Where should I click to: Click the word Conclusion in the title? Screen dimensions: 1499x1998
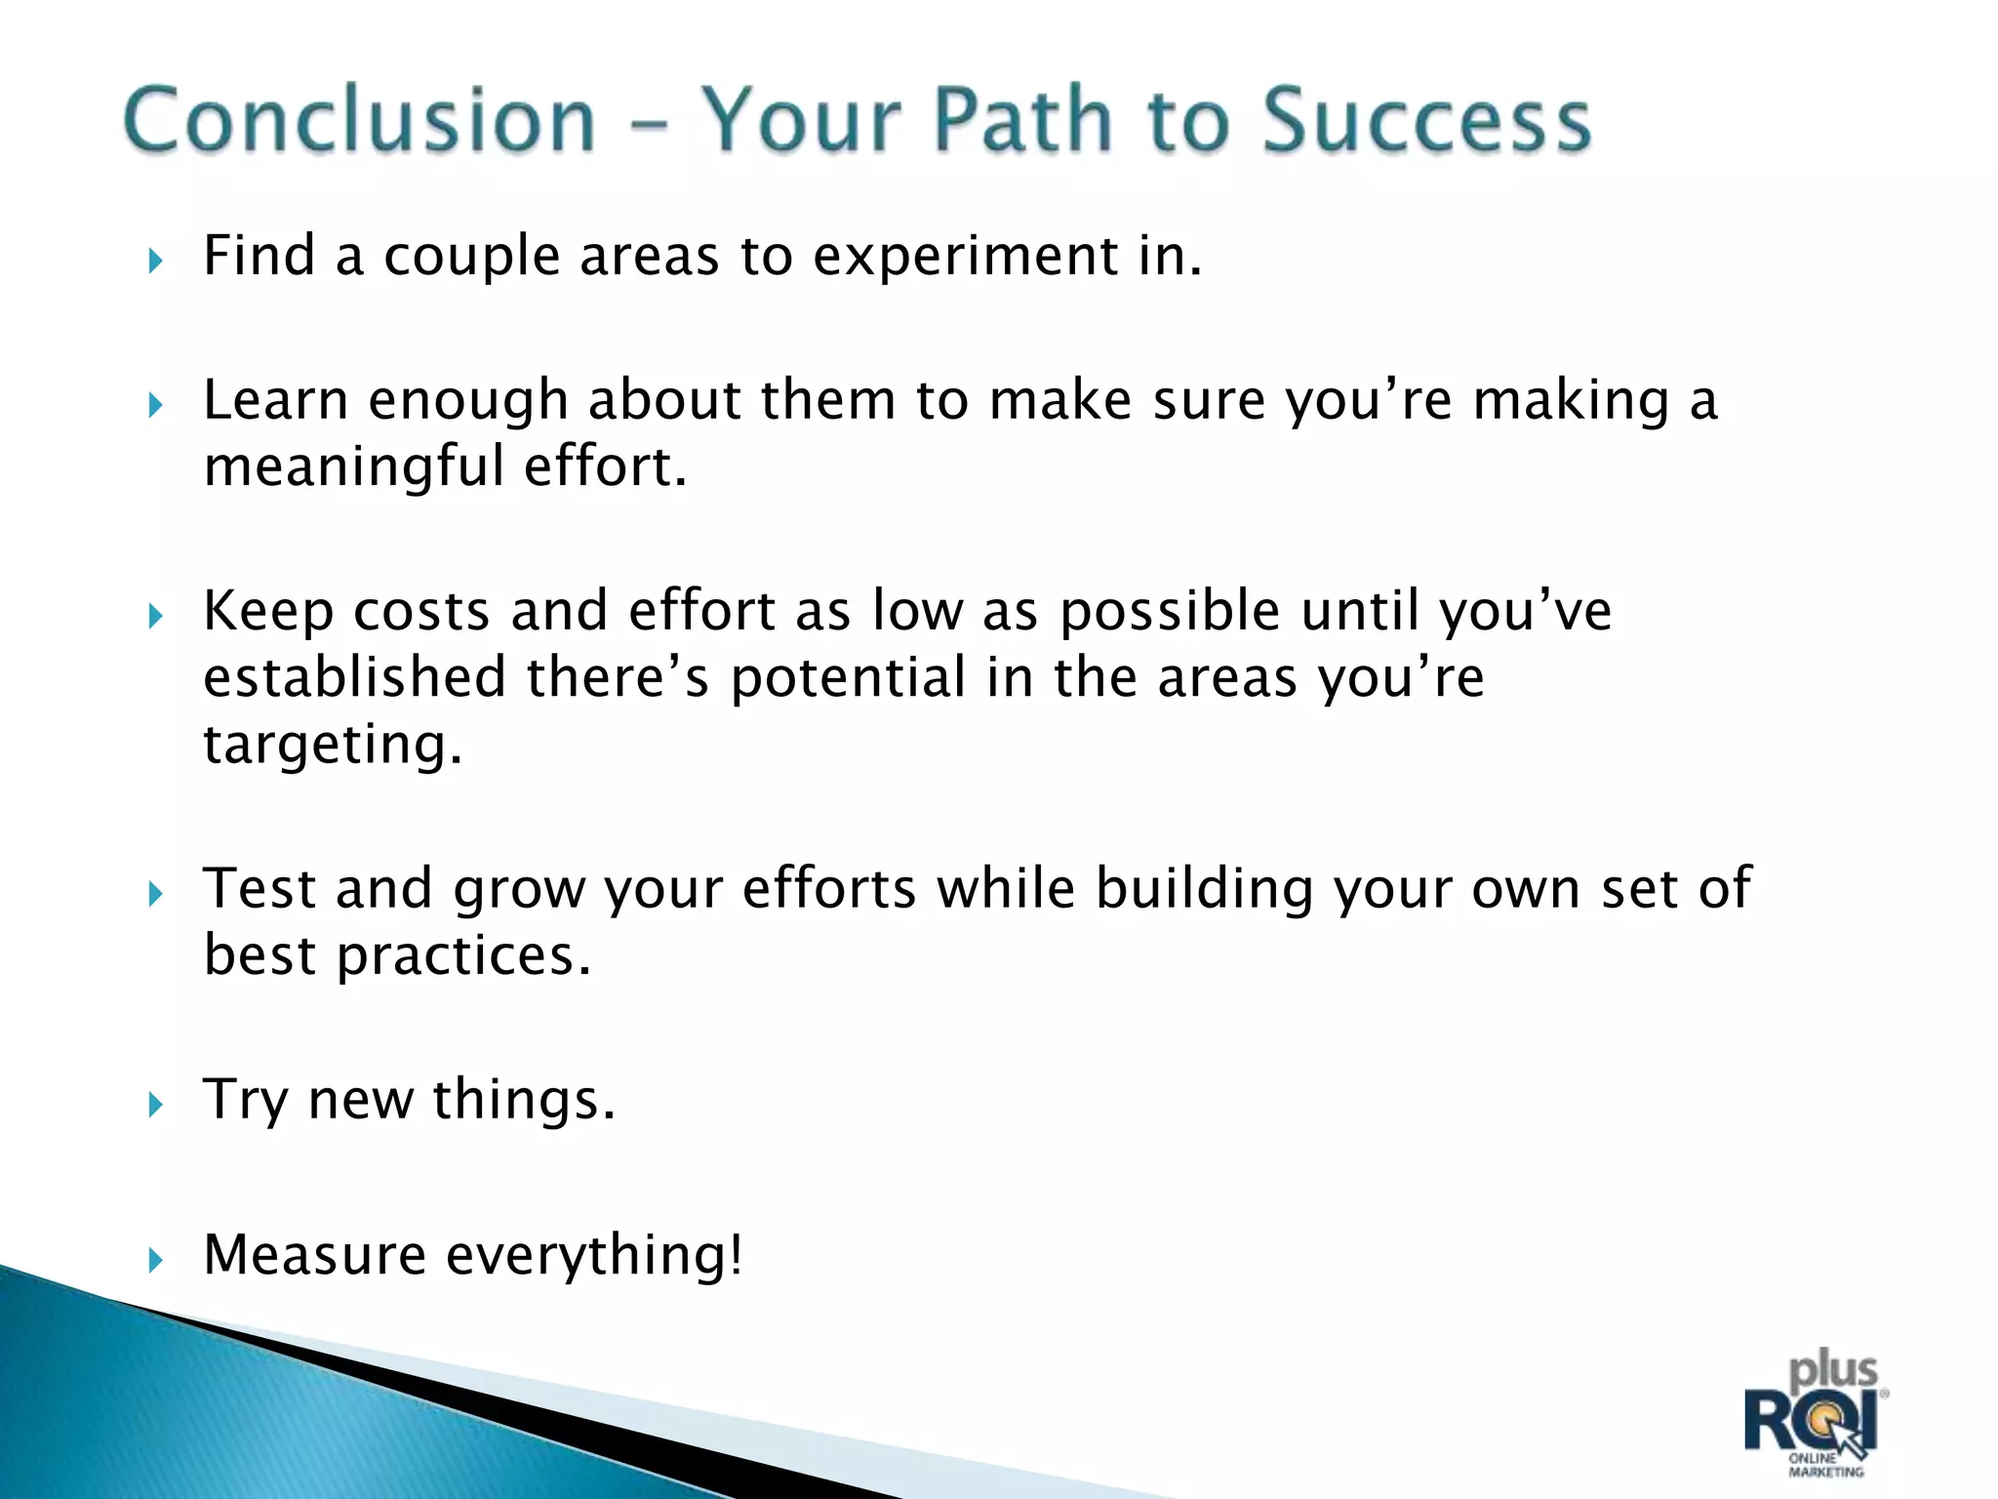(359, 120)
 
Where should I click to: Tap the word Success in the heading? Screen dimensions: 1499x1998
(1426, 120)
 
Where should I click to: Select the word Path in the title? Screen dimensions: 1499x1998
(1021, 120)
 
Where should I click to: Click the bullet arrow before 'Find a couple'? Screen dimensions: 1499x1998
(155, 261)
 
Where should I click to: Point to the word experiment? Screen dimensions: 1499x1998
(966, 258)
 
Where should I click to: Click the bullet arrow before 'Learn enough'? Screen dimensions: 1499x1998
(155, 404)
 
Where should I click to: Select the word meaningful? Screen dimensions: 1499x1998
(353, 467)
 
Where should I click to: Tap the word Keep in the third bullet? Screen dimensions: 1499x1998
(267, 612)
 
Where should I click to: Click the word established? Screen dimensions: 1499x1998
(354, 677)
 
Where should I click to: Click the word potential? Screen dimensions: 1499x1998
(847, 679)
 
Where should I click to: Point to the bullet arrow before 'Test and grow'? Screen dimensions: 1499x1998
(155, 893)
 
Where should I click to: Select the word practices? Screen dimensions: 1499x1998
(463, 956)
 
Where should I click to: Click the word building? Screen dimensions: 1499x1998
(1204, 890)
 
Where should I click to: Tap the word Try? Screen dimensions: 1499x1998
(244, 1101)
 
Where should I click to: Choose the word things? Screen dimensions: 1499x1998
(523, 1100)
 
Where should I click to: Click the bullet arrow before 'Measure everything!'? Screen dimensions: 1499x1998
(155, 1259)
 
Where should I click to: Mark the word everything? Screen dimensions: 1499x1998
(593, 1256)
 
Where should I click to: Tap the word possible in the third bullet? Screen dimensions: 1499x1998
(1169, 613)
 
